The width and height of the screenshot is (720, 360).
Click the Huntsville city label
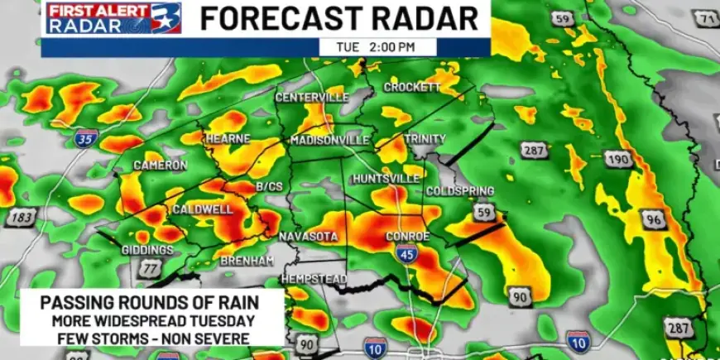point(386,179)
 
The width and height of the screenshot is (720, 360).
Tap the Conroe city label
point(408,237)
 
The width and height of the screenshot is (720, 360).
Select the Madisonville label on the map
point(329,141)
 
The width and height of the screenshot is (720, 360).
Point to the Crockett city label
point(411,88)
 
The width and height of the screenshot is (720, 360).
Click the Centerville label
point(312,98)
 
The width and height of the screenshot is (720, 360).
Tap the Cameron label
point(161,166)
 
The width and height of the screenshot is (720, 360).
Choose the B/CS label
point(269,187)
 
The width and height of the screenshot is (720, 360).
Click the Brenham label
point(247,261)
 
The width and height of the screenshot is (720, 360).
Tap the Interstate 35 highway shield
point(86,138)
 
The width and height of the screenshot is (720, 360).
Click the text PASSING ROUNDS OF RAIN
point(152,303)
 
